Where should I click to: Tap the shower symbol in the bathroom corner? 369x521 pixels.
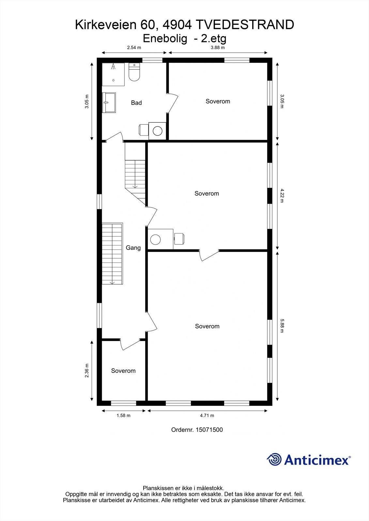[x=113, y=74]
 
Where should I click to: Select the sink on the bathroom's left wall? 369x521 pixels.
[x=109, y=102]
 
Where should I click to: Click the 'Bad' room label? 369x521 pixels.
[x=136, y=103]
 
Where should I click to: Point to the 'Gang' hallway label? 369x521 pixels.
[x=133, y=248]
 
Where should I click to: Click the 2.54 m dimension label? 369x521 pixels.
[x=134, y=48]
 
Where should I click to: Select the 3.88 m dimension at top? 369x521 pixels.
[x=218, y=48]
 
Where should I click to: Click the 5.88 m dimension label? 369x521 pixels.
[x=282, y=326]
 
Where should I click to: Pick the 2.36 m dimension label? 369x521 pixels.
[x=87, y=371]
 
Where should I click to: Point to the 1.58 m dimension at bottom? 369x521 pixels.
[x=123, y=415]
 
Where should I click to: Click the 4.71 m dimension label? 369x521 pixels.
[x=207, y=415]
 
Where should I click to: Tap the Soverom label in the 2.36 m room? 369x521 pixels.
[x=123, y=371]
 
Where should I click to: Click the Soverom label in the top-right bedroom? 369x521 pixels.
[x=218, y=101]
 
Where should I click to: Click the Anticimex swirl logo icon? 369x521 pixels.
[x=274, y=459]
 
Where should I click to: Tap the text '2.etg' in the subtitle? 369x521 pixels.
[x=214, y=39]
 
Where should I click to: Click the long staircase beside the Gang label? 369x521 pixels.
[x=112, y=253]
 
